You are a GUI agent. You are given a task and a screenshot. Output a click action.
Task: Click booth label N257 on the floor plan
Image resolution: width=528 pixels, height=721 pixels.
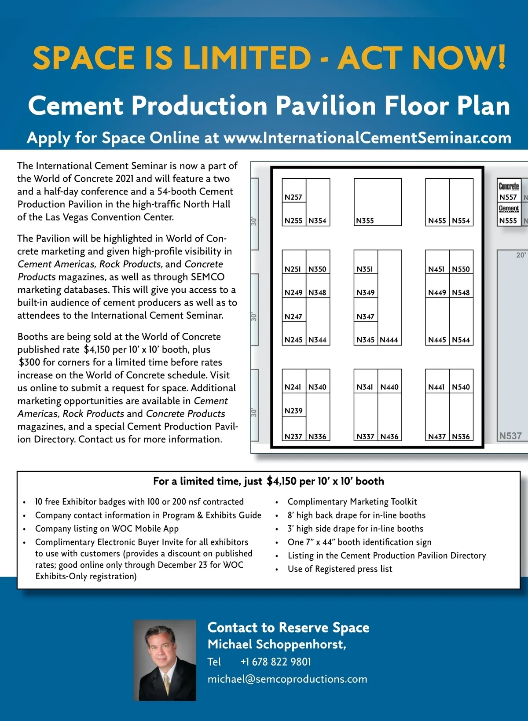coord(293,197)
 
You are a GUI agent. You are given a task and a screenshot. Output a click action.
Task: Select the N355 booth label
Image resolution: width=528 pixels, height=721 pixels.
coord(365,221)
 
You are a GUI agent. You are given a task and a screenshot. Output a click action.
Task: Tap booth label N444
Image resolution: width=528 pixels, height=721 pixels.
coord(389,340)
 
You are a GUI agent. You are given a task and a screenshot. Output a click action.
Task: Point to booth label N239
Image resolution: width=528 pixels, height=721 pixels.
coord(293,411)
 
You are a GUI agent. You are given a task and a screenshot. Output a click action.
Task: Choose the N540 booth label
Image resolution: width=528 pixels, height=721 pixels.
coord(461,387)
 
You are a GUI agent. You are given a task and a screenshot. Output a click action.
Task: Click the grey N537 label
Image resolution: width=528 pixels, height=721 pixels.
coord(510,436)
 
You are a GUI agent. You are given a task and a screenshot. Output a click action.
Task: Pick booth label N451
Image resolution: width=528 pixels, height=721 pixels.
coord(436,269)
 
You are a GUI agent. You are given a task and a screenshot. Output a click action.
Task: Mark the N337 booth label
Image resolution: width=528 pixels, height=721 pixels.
coord(365,437)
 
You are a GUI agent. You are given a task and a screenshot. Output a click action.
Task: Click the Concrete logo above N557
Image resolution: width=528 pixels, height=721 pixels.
coord(509,186)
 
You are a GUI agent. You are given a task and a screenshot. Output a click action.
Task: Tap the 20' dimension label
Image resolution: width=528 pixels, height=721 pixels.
coord(521,255)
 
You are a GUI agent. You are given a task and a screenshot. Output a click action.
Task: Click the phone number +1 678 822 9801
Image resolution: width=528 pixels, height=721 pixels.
coord(275,662)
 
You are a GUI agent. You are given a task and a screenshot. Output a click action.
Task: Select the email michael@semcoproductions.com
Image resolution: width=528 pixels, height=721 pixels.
coord(287,679)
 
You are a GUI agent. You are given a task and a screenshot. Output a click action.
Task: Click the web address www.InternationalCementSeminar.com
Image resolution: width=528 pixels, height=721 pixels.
coord(367,138)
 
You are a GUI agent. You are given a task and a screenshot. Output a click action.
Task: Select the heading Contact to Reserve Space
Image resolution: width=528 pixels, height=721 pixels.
coord(288,627)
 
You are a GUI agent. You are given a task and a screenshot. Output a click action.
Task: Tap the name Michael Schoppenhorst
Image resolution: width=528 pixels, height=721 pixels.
coord(277,644)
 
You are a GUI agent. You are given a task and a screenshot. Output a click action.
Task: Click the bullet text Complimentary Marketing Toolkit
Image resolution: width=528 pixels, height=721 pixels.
coord(352,502)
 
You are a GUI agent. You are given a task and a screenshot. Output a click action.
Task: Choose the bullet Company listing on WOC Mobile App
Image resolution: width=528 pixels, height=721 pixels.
coord(107,529)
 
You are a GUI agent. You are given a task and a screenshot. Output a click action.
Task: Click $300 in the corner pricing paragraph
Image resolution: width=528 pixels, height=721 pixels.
coord(29,362)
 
